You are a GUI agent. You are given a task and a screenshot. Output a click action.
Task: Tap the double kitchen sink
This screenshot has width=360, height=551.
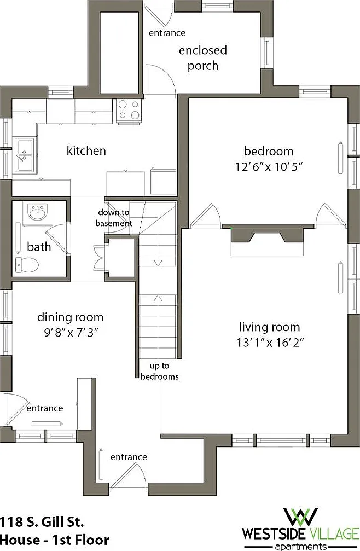pyautogui.click(x=24, y=155)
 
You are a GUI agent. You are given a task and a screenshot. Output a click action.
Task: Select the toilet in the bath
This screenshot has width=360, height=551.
pyautogui.click(x=26, y=265)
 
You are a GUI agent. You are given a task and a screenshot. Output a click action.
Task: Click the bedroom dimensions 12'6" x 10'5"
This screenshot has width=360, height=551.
pyautogui.click(x=269, y=166)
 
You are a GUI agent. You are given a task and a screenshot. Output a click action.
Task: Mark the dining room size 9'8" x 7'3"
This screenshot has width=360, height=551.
pyautogui.click(x=70, y=332)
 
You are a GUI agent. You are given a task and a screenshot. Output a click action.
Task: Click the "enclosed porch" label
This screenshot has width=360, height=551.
pyautogui.click(x=203, y=58)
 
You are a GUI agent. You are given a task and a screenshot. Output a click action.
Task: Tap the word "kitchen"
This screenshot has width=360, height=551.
pyautogui.click(x=86, y=151)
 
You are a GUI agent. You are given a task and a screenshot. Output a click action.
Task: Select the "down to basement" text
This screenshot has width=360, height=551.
pyautogui.click(x=114, y=218)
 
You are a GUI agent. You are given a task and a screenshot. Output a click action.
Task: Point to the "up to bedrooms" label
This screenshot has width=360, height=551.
pyautogui.click(x=159, y=371)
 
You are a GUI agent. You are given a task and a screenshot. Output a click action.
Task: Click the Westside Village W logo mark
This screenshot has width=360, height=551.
pyautogui.click(x=301, y=517)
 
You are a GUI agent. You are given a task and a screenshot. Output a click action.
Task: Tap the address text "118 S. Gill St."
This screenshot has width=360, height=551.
pyautogui.click(x=42, y=522)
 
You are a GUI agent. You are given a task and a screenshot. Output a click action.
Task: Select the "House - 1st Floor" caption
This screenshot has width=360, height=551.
pyautogui.click(x=55, y=540)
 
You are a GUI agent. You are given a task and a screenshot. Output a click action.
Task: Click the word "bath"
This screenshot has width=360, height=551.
pyautogui.click(x=39, y=247)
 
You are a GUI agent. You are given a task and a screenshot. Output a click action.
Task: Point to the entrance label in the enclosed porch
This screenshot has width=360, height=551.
pyautogui.click(x=167, y=33)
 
